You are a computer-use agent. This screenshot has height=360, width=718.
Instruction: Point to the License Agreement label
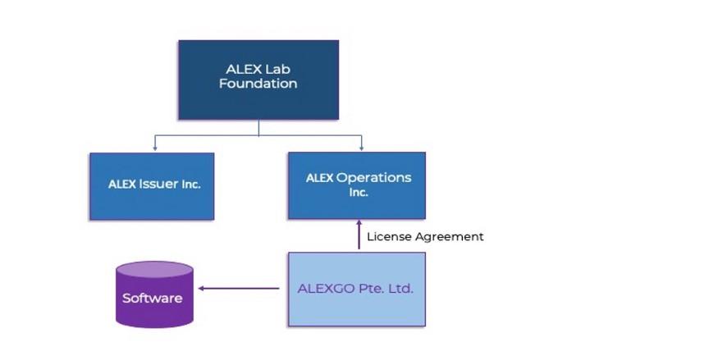(424, 237)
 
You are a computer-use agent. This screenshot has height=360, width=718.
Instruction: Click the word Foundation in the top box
(258, 84)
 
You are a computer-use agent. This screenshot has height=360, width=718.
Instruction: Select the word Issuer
(158, 185)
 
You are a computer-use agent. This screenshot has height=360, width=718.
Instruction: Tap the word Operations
(373, 178)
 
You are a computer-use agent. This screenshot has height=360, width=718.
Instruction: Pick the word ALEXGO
(322, 289)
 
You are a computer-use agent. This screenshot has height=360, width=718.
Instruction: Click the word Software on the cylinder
(153, 298)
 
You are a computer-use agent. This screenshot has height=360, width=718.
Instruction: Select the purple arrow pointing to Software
(238, 288)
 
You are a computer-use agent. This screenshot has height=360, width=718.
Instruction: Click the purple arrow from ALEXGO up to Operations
(359, 235)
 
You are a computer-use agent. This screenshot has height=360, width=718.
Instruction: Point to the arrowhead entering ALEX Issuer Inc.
(154, 148)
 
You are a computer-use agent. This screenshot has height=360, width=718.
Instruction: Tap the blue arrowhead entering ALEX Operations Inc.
(362, 148)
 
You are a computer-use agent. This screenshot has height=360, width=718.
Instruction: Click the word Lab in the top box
(278, 69)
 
